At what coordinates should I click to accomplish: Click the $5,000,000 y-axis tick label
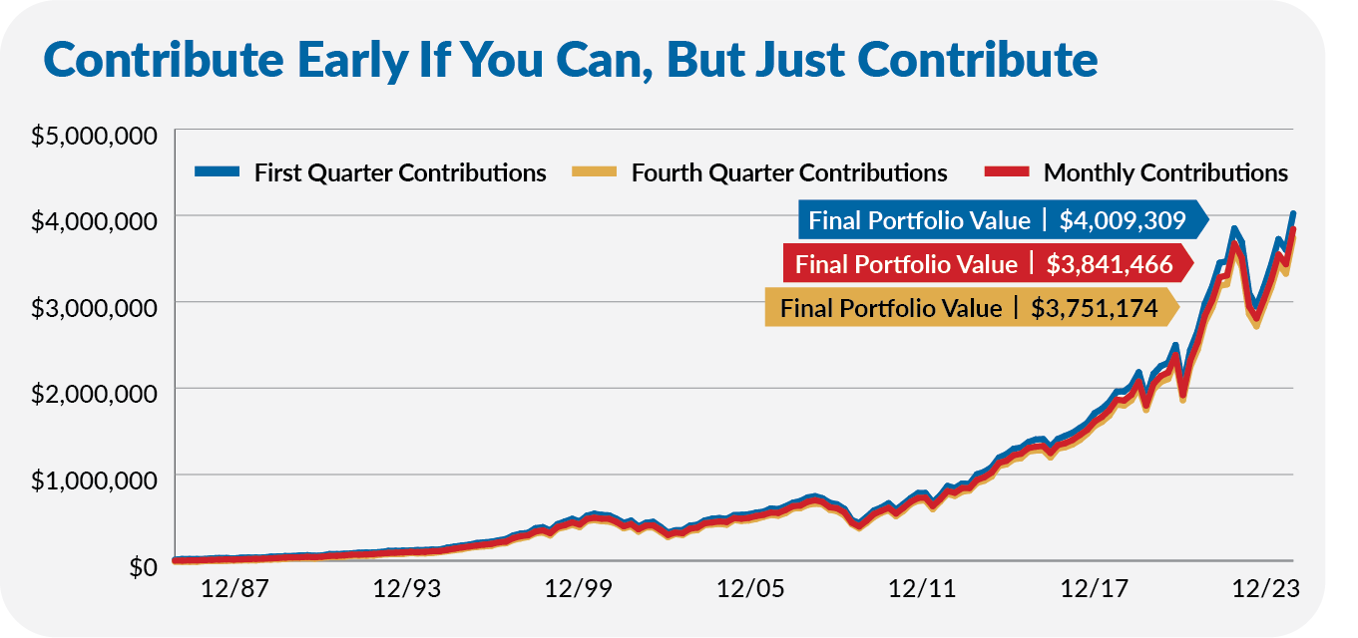(95, 136)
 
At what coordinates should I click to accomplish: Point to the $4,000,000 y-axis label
(95, 220)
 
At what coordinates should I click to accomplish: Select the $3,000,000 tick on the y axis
(95, 307)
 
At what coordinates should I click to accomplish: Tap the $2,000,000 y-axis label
(95, 393)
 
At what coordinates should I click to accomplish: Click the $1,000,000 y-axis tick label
(95, 479)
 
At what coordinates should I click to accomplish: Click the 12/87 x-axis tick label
(235, 589)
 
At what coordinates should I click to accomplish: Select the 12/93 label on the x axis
(407, 589)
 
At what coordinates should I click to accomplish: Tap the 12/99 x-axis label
(579, 589)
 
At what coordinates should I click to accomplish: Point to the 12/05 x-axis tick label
(751, 589)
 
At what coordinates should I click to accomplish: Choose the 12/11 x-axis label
(923, 589)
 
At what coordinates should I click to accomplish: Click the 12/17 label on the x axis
(1095, 589)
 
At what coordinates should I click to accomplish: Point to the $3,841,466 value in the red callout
(1109, 264)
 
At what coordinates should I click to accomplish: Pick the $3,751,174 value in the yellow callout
(1094, 308)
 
